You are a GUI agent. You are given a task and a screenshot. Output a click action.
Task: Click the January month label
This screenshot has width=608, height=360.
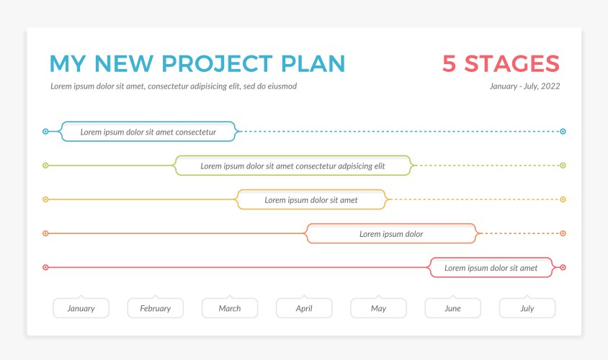(x=81, y=308)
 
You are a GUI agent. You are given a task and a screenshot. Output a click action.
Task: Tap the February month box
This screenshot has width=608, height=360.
(x=156, y=308)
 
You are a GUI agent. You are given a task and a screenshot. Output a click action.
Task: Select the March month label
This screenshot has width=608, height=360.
(x=230, y=308)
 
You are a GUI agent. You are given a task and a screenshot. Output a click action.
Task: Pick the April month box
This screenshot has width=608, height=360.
(x=304, y=308)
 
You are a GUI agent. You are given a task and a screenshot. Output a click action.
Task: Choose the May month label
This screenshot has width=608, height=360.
(x=378, y=308)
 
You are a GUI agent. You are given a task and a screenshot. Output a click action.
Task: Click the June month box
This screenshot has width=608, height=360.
(x=452, y=308)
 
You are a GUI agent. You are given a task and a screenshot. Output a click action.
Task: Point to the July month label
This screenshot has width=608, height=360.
(x=527, y=308)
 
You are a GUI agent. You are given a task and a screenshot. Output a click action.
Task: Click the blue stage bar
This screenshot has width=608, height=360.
(x=148, y=132)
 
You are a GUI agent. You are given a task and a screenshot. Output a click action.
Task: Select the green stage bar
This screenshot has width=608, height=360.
(x=292, y=166)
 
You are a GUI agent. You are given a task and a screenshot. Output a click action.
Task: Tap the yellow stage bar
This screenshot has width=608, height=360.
(x=311, y=199)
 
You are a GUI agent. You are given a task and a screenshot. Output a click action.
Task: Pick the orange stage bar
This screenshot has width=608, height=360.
(x=391, y=233)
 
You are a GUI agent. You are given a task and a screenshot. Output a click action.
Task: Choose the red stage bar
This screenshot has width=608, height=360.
(x=491, y=267)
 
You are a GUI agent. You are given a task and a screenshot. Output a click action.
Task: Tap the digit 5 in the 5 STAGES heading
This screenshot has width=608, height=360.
(x=449, y=63)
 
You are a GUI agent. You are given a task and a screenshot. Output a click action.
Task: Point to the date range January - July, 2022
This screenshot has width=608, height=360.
(x=524, y=86)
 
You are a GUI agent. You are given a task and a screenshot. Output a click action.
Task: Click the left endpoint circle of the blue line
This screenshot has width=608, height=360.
(x=45, y=132)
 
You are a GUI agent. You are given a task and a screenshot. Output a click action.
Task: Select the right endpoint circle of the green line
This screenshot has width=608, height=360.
(x=563, y=166)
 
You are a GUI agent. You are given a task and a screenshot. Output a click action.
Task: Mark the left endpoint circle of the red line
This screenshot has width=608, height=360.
(x=45, y=267)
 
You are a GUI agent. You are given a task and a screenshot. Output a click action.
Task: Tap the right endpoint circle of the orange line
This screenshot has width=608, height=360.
(x=563, y=233)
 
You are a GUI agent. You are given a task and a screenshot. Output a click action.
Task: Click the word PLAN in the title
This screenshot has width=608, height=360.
(x=314, y=63)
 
